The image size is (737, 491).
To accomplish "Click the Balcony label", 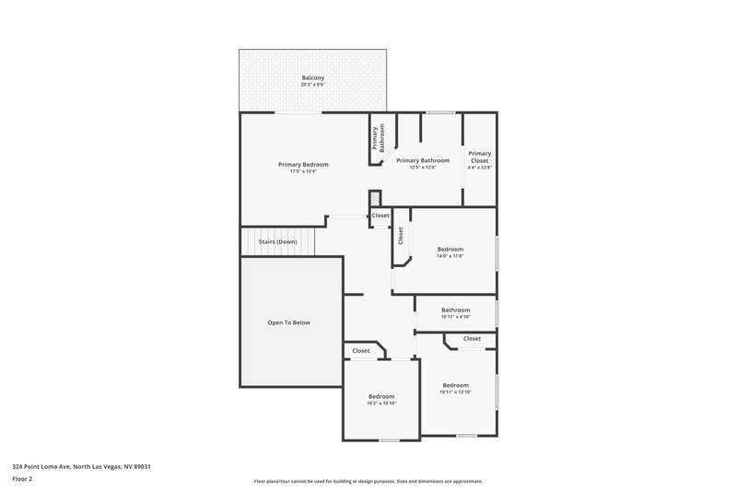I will tap(312, 77).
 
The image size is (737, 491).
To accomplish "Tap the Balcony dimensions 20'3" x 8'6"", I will tap(312, 85).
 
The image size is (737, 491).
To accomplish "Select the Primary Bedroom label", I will tap(303, 164).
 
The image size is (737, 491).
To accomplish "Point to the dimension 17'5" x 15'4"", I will tap(303, 171).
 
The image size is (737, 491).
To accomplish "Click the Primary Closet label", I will tap(479, 156).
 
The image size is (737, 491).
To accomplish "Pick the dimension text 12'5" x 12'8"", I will tap(422, 168).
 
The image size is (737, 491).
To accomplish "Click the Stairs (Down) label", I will tap(278, 241).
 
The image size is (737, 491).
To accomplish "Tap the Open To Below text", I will tap(288, 322).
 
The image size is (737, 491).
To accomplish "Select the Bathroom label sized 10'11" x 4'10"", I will tap(455, 310).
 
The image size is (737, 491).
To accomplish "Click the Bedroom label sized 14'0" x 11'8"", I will tap(450, 249).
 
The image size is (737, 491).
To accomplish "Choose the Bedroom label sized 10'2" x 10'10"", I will tap(380, 396).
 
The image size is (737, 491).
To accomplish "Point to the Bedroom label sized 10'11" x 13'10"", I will tap(455, 385).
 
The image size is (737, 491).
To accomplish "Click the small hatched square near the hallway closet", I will tap(374, 200).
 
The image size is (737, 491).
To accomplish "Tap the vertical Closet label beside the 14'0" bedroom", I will tap(401, 236).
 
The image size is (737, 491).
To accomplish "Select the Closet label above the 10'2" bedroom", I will tap(360, 351).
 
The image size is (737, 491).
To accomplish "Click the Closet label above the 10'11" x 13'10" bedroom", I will tap(472, 338).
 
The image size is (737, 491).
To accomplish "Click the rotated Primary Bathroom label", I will tap(378, 138).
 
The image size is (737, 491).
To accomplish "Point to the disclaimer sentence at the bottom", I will tap(368, 481).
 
